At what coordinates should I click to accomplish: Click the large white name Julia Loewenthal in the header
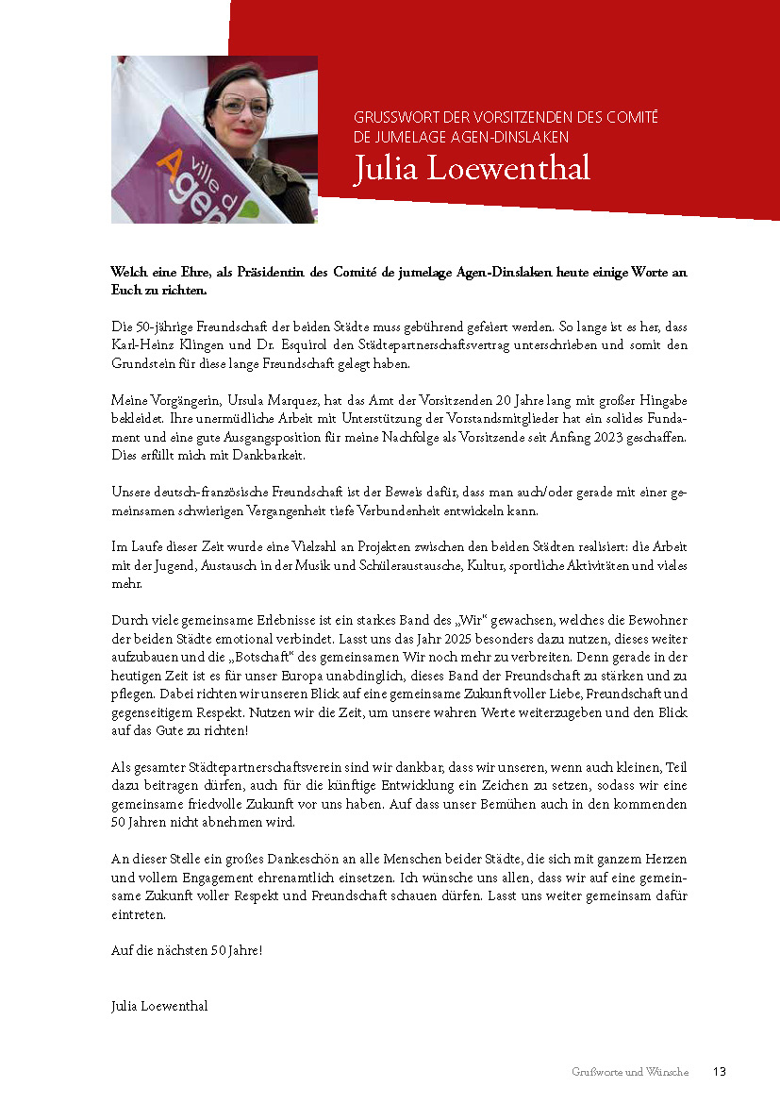tap(471, 168)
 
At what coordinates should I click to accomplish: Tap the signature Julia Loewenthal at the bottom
tap(159, 1006)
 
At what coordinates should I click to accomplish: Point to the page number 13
tap(719, 1072)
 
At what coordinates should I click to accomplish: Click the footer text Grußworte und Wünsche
tap(629, 1072)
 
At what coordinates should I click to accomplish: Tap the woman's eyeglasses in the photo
tap(242, 103)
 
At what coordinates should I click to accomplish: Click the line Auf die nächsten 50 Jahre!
tap(187, 950)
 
